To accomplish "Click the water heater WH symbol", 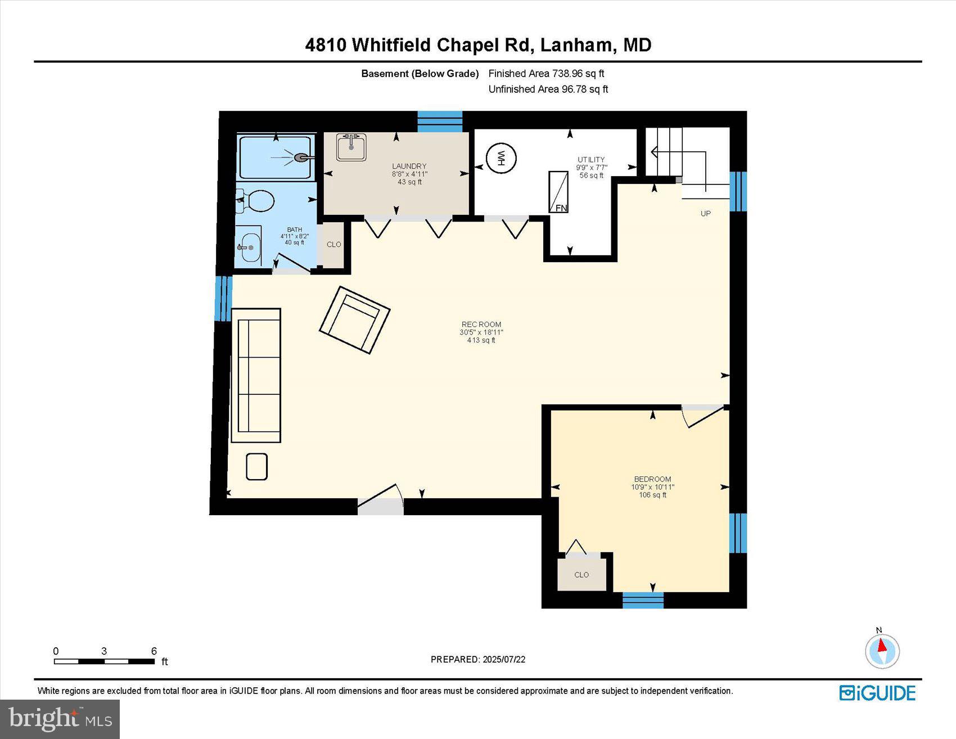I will tap(500, 159).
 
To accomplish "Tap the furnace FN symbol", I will tap(558, 192).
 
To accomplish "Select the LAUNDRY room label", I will tap(409, 166).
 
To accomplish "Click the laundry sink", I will tap(351, 147).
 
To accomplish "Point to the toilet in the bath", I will tap(256, 201).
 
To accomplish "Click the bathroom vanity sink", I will tap(248, 246).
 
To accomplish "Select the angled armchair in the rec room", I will tap(354, 320).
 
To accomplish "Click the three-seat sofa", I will tap(256, 375).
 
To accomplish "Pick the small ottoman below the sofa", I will tap(256, 466).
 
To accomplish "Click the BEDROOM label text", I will tap(652, 479).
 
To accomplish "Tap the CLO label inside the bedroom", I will tap(581, 574).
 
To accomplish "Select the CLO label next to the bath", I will tap(333, 245).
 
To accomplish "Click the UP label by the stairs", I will tap(705, 213).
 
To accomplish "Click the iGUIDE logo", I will tap(877, 693).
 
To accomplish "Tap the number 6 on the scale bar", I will tap(154, 651).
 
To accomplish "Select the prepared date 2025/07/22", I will tap(504, 659).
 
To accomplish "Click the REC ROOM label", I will tap(481, 324).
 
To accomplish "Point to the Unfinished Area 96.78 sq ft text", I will tap(548, 89).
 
